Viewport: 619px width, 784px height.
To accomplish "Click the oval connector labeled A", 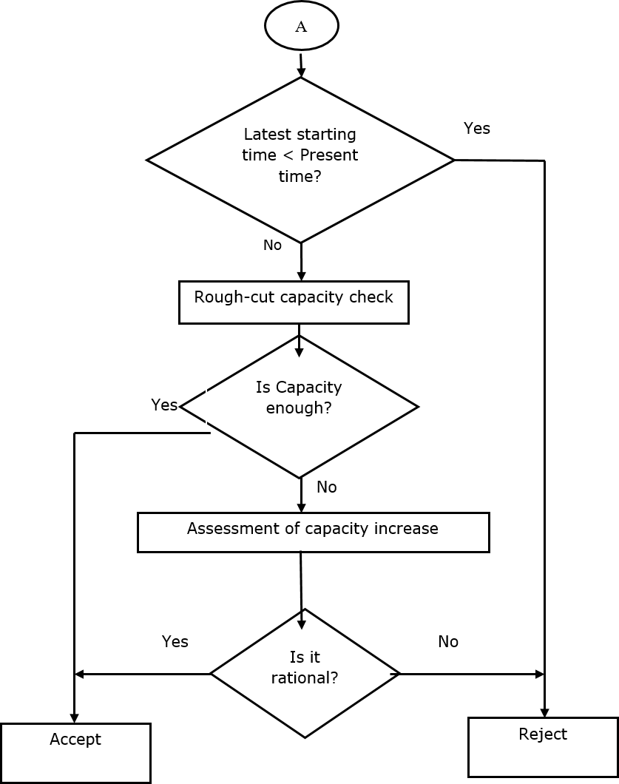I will point(301,27).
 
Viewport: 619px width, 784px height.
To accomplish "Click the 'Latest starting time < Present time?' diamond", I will point(300,160).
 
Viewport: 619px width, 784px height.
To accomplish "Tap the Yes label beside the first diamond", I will point(477,129).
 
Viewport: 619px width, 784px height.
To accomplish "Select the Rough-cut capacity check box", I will point(294,302).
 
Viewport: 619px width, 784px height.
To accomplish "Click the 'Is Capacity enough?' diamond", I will point(299,406).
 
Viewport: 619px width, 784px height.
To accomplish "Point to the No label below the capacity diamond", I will point(327,486).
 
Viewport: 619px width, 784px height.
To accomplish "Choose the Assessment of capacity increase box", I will point(313,533).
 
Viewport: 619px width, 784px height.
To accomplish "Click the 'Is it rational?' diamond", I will point(305,673).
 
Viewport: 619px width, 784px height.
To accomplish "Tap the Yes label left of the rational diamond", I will point(175,642).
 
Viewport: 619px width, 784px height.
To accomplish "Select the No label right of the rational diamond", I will point(448,642).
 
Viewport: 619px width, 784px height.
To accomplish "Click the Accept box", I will point(75,752).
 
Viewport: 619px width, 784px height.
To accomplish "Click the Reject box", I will point(543,746).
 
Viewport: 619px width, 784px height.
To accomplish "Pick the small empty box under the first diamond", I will point(272,246).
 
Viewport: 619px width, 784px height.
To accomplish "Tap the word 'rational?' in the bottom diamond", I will point(305,677).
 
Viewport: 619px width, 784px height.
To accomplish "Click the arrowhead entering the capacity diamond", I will point(299,352).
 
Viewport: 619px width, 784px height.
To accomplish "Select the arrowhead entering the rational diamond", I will point(302,624).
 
